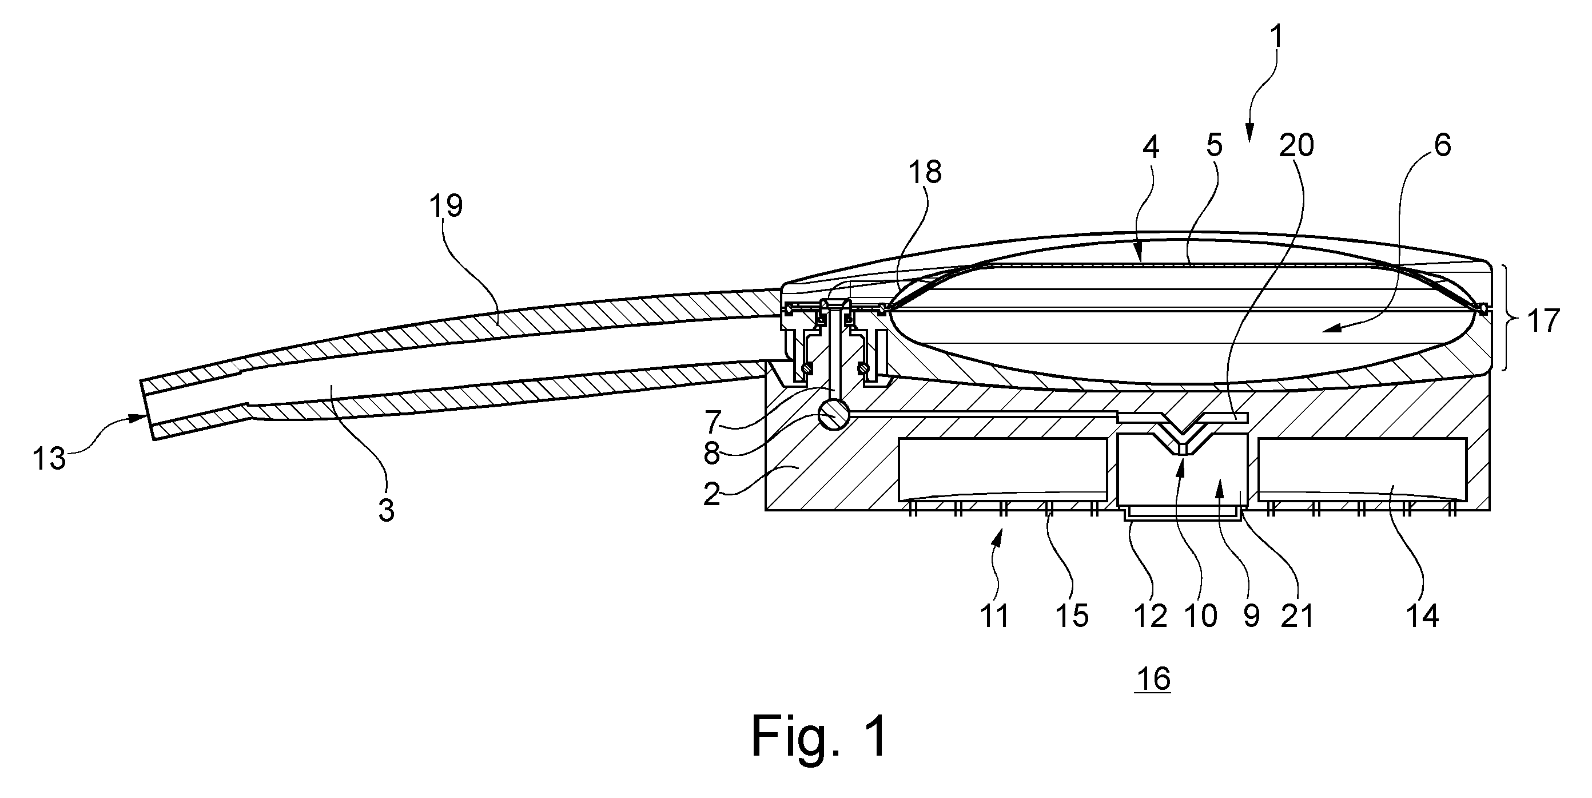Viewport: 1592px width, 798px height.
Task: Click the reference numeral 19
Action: [446, 206]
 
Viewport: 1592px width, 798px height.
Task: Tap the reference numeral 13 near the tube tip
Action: [49, 459]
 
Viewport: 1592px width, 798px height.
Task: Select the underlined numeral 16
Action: [1153, 680]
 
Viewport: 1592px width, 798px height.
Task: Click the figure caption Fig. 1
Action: [820, 736]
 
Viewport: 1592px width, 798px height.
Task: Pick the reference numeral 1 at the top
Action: [1276, 38]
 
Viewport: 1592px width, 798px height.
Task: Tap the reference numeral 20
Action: [1296, 146]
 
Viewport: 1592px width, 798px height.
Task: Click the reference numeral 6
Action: [1442, 146]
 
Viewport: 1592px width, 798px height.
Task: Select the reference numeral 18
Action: [925, 172]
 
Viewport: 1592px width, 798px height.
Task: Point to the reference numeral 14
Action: [1422, 616]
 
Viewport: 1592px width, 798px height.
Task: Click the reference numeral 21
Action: [1296, 616]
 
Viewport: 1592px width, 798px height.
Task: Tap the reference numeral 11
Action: [994, 616]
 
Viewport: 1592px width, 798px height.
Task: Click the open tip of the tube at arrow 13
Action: [147, 408]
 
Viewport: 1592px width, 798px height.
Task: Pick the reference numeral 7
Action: [713, 423]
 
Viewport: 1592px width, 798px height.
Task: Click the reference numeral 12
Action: [1150, 616]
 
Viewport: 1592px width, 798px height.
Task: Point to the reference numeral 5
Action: [1215, 146]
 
